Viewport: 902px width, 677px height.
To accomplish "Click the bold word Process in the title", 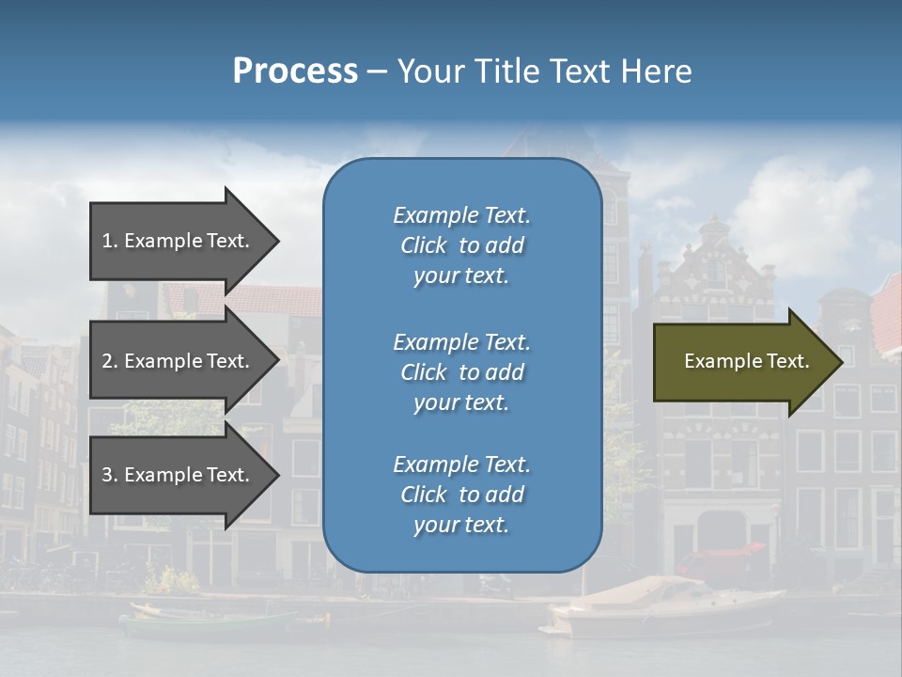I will (x=295, y=71).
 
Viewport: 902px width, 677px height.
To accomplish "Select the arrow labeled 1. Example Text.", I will (x=179, y=241).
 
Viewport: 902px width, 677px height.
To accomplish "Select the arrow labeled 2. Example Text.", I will (x=179, y=361).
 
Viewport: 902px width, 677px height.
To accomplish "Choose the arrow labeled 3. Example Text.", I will (x=179, y=475).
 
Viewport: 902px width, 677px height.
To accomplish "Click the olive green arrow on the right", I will (x=742, y=361).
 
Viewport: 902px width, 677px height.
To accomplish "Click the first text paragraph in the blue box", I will (x=461, y=245).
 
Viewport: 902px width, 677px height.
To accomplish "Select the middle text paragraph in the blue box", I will (x=461, y=372).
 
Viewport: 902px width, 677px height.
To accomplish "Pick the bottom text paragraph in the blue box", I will (x=461, y=495).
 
